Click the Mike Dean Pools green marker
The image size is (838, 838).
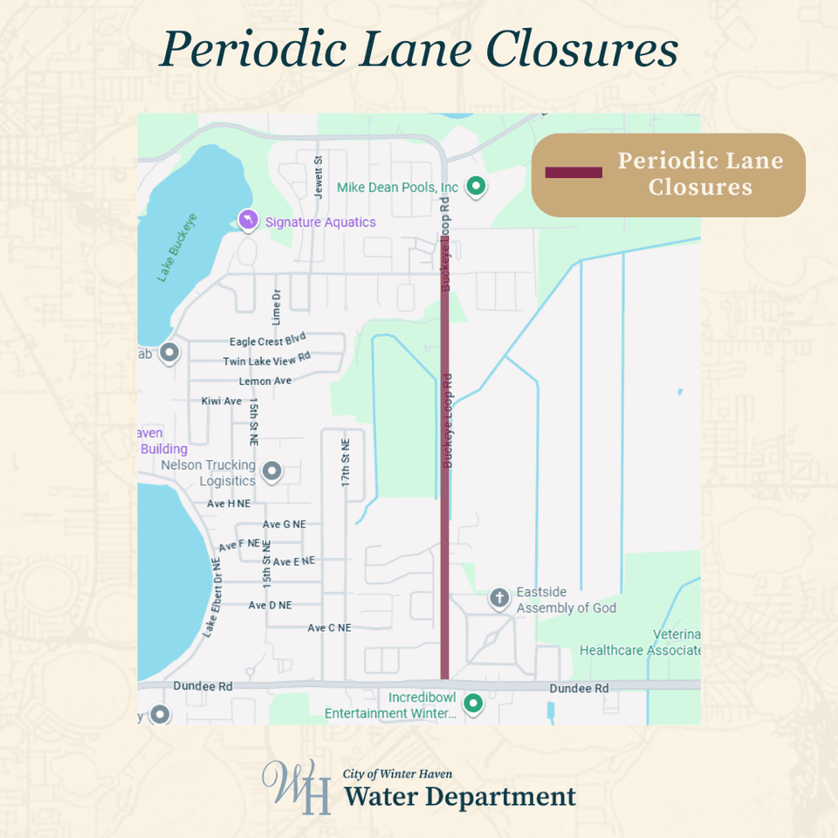[476, 186]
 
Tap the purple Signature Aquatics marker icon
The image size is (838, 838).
[248, 219]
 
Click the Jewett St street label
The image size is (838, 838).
[319, 172]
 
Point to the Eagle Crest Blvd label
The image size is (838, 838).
[268, 341]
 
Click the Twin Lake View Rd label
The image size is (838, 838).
[267, 360]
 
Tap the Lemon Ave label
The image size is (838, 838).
[265, 381]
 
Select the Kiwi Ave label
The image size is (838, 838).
[221, 402]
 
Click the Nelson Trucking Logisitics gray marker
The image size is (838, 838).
[272, 471]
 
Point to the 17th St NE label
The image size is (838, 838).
[346, 463]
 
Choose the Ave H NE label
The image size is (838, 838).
[229, 504]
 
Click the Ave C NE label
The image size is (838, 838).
[329, 628]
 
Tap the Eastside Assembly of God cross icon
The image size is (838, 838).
[498, 599]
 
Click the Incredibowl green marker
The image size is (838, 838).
[473, 702]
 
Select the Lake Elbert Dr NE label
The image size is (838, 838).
[212, 597]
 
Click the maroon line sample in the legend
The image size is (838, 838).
[574, 173]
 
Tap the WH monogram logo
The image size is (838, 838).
[297, 786]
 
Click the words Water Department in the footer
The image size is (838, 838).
[459, 797]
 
